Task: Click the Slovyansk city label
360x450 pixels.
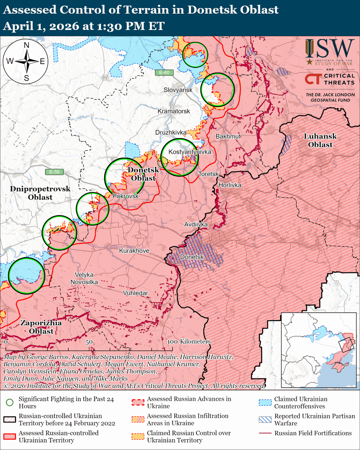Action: click(x=178, y=90)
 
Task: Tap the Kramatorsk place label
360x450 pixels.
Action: click(x=174, y=111)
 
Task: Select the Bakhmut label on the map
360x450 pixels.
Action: click(x=228, y=136)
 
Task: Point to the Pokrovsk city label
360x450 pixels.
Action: click(x=126, y=196)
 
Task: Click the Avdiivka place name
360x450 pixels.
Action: click(x=196, y=225)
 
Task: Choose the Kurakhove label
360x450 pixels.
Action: click(x=134, y=250)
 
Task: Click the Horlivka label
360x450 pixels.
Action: click(x=229, y=185)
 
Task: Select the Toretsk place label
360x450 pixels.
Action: click(x=208, y=174)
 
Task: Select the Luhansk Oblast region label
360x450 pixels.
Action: click(x=320, y=140)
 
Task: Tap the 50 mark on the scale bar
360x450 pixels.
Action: click(x=89, y=342)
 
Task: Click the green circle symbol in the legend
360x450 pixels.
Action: click(x=10, y=403)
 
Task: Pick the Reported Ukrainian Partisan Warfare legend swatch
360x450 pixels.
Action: click(x=265, y=420)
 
